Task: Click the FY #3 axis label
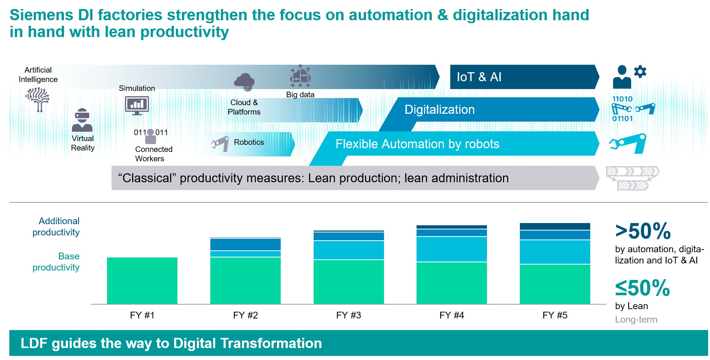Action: [348, 315]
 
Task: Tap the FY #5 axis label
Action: [555, 315]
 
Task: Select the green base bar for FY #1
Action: [142, 280]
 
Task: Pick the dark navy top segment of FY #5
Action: [555, 226]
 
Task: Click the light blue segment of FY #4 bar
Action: [451, 249]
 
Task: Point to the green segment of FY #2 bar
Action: [245, 280]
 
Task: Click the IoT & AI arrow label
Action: [479, 77]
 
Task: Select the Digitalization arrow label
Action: [439, 110]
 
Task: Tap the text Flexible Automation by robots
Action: [417, 144]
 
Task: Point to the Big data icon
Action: [300, 76]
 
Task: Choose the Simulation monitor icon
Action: [137, 105]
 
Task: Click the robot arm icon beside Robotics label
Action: [220, 143]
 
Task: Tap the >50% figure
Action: [643, 231]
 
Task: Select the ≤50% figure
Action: [642, 288]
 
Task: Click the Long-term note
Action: [636, 320]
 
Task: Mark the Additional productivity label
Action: [56, 226]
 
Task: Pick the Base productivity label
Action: [56, 262]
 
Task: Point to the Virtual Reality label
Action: [83, 143]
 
